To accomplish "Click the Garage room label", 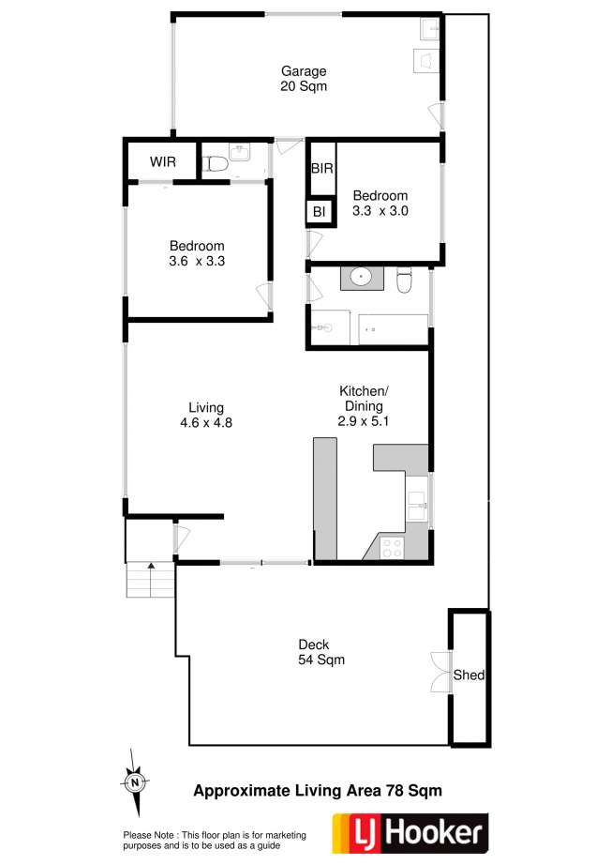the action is (304, 71).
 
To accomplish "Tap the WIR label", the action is (162, 162).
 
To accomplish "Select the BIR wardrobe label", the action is (321, 168).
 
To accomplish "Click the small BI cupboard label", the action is (319, 211).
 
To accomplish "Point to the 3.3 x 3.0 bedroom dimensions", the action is (380, 211).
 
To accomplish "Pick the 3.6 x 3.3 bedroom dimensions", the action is (197, 261).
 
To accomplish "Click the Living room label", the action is (206, 408).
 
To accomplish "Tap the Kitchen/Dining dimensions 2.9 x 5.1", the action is (364, 421).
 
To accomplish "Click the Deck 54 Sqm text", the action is (321, 652).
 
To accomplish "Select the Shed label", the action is (469, 675).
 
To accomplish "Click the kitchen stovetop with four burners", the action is (392, 548).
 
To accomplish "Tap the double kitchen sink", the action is (416, 506).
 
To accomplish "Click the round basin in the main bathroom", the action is (362, 277).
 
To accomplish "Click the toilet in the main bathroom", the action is (405, 279).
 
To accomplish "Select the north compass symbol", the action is (134, 782).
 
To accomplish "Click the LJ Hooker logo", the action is (410, 833).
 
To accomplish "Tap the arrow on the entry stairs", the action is (151, 580).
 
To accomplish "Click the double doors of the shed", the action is (441, 673).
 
